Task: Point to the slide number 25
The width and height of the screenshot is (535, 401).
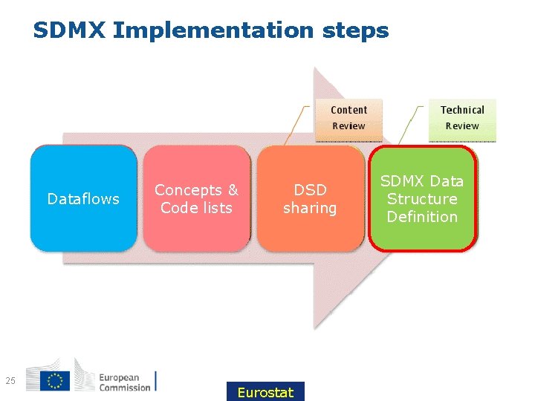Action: point(10,381)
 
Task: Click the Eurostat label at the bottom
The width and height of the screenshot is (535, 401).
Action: point(265,392)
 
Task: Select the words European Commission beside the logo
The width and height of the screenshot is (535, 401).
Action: point(125,382)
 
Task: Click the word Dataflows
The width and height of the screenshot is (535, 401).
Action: point(83,199)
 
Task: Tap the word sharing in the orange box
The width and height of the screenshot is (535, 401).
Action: point(309,208)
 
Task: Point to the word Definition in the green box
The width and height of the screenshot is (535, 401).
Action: point(422,217)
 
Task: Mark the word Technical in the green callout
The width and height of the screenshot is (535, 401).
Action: point(462,110)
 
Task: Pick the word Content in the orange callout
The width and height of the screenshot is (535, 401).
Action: point(348,110)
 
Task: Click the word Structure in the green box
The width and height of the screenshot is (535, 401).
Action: point(422,199)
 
